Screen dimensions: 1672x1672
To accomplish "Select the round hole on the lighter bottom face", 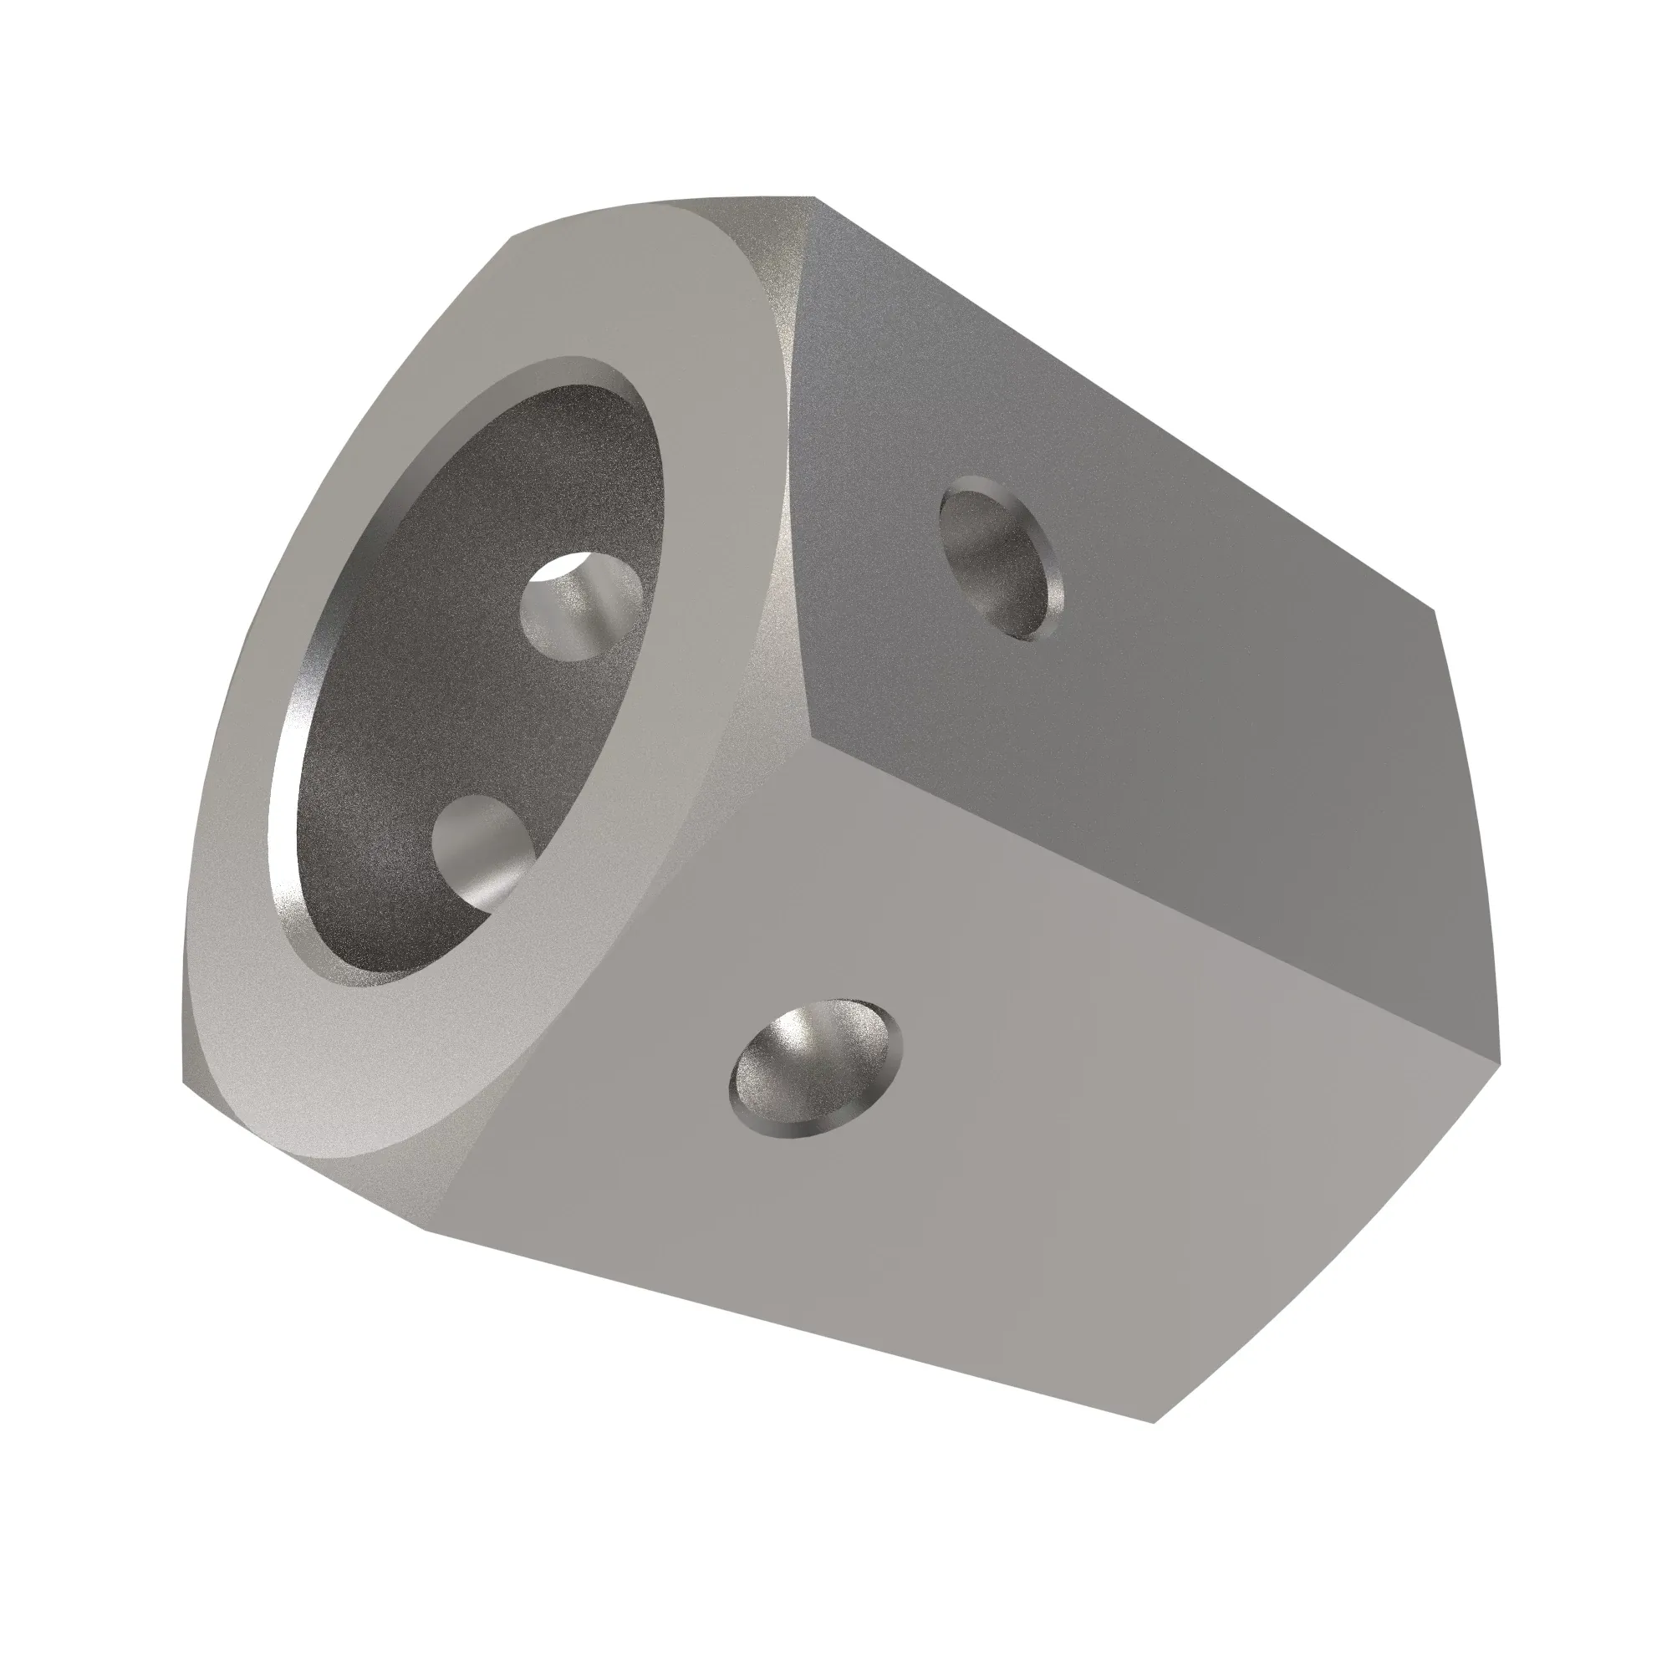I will coord(814,1068).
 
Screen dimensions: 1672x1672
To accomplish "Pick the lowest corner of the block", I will coord(1155,1422).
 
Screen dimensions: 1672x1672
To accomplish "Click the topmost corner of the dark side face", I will coord(813,198).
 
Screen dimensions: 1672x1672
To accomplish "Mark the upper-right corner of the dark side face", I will coord(1434,611).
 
